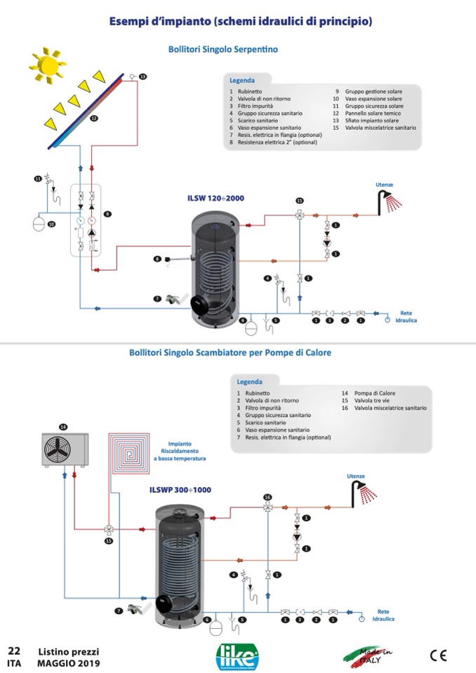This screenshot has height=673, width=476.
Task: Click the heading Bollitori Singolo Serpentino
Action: coord(223,50)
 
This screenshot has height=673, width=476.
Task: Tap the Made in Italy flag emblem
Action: coord(368,655)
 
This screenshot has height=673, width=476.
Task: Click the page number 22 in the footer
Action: coord(14,651)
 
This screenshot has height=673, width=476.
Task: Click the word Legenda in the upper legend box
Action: coord(242,81)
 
